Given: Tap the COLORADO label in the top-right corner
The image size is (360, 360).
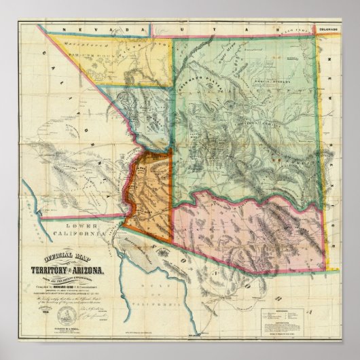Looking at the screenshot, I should point(329,29).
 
